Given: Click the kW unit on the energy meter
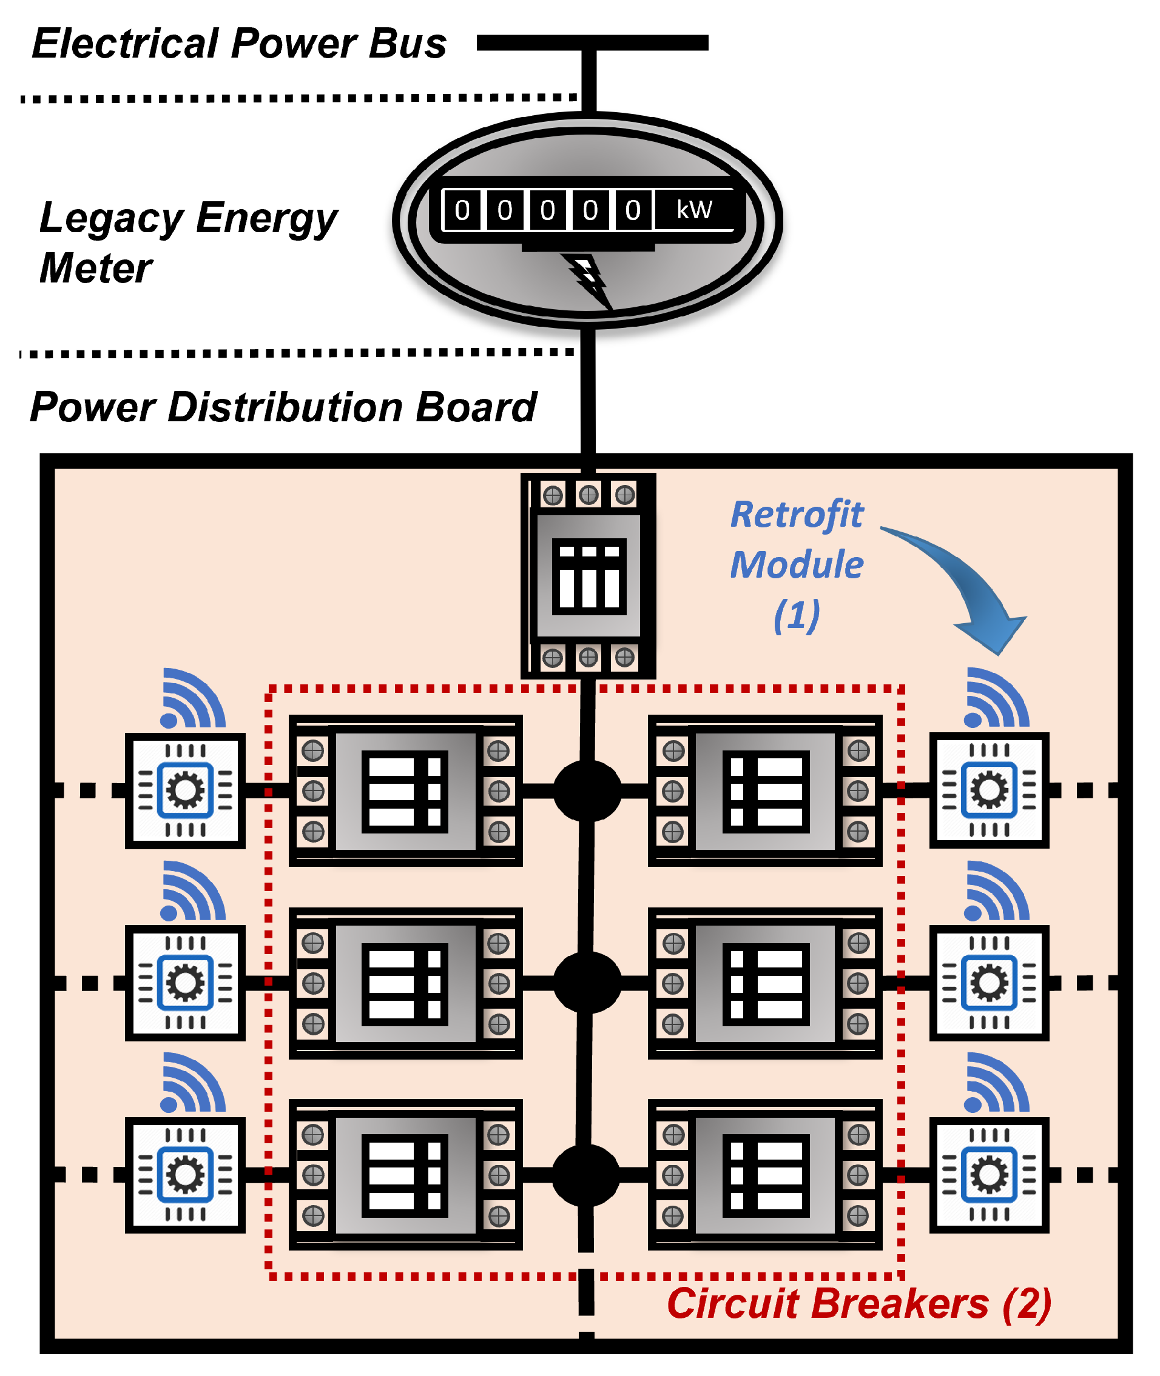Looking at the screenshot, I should pos(695,210).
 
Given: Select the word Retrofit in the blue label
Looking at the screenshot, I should pos(797,515).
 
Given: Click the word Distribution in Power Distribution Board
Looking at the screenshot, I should pos(285,407).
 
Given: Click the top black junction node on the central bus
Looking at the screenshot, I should pos(587,791).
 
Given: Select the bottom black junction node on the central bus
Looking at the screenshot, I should pos(586,1175).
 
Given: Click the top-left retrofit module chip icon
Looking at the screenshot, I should pos(186,790).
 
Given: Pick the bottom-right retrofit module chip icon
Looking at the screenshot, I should pos(988,1175).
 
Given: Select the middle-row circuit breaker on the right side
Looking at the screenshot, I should pos(765,983).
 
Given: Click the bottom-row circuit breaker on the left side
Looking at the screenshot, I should pos(405,1175).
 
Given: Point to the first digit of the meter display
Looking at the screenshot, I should pos(462,210).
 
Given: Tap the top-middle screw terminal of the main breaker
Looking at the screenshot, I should pos(588,494).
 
